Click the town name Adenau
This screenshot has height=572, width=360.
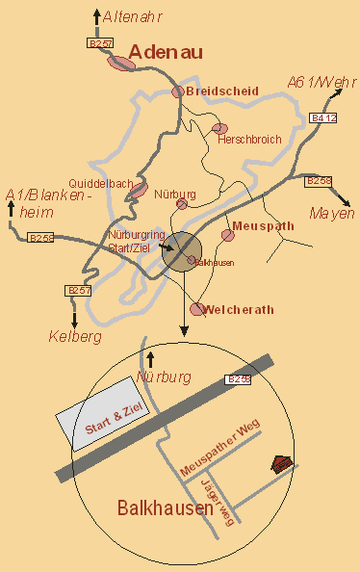pos(166,52)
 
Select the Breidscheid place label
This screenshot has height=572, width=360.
pos(222,91)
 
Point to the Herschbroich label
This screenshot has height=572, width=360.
pos(249,140)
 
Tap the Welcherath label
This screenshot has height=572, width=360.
pos(240,309)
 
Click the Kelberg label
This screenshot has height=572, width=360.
pos(75,336)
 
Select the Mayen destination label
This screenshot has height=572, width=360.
pos(331,213)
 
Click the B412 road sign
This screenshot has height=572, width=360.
pos(323,117)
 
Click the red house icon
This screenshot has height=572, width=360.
pos(281,464)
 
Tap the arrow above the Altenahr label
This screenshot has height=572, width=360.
pos(96,15)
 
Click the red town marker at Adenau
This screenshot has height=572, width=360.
pos(122,63)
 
